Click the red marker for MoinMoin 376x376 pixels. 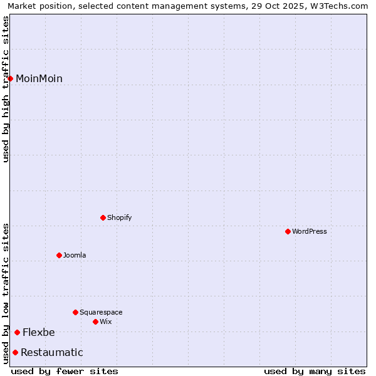point(11,78)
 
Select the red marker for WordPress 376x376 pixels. point(288,231)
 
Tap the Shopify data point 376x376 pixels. point(103,217)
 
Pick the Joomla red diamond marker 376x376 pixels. point(59,255)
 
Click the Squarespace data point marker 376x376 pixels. point(75,312)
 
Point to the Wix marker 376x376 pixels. point(95,321)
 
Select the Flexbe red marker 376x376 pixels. point(17,332)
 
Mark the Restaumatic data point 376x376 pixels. point(15,352)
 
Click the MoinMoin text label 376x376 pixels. point(39,78)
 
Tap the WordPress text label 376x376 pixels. point(310,231)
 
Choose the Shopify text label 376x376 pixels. point(119,217)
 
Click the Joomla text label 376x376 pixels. point(75,255)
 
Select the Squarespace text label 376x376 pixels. point(101,312)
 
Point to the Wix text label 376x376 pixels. point(105,321)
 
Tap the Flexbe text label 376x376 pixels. point(39,332)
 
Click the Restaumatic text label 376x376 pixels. point(51,352)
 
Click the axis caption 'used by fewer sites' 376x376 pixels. point(65,371)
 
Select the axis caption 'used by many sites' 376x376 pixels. point(315,371)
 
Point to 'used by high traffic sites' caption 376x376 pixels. point(6,89)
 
